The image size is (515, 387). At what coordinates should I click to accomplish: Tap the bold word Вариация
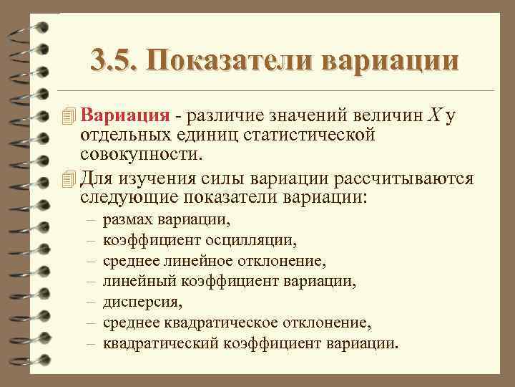click(x=125, y=116)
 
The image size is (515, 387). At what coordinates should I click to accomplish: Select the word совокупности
click(x=142, y=153)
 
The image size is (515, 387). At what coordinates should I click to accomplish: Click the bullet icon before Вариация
click(x=69, y=116)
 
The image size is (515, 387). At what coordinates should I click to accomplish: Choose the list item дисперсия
click(x=138, y=301)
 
